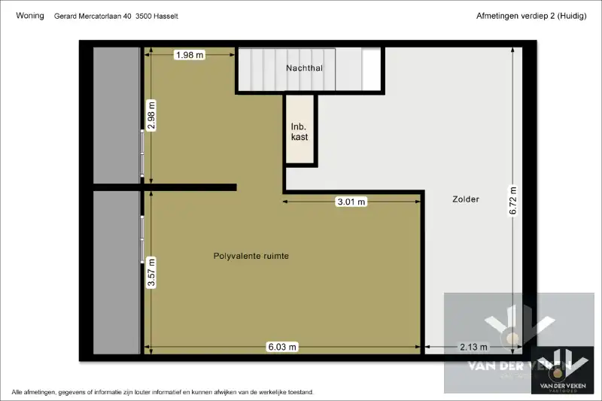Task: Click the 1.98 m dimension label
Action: click(x=190, y=55)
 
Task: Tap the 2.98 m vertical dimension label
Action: click(x=151, y=116)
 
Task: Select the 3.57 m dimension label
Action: click(x=151, y=273)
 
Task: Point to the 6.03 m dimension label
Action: click(x=282, y=347)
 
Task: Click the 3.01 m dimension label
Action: click(x=351, y=202)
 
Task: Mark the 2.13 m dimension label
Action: click(x=473, y=347)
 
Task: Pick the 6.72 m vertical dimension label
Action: click(x=513, y=201)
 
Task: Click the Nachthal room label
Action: click(x=305, y=68)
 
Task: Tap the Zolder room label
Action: click(x=466, y=199)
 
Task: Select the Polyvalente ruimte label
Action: click(x=251, y=256)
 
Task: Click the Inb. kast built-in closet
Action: click(x=299, y=129)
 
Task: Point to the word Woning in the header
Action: click(x=30, y=15)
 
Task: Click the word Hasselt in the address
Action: click(x=166, y=16)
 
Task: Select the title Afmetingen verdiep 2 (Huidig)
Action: click(x=531, y=16)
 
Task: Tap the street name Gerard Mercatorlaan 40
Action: click(x=93, y=16)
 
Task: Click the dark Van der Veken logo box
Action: click(x=562, y=370)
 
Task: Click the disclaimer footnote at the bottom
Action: click(x=163, y=392)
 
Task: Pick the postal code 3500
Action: click(x=143, y=16)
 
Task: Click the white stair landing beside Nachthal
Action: click(x=371, y=69)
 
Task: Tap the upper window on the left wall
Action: click(x=142, y=153)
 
